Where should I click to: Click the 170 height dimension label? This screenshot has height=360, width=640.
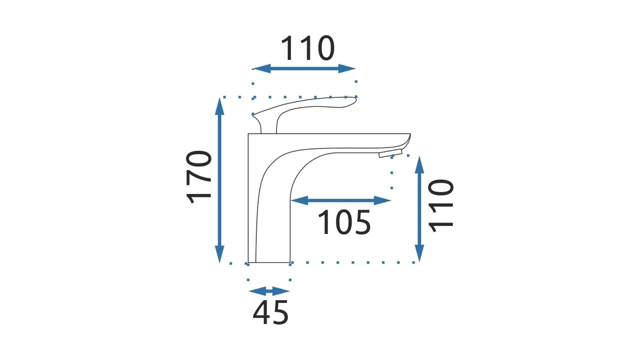(199, 177)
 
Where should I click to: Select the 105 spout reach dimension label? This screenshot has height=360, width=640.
(344, 222)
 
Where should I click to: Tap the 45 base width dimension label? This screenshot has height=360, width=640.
(270, 312)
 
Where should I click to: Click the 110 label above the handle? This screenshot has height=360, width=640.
(308, 48)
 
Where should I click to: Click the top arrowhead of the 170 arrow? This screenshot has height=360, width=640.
(219, 106)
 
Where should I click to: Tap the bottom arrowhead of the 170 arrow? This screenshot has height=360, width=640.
(219, 254)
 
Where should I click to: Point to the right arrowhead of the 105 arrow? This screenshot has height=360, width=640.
(382, 200)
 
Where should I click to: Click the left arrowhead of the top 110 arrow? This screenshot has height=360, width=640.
(261, 68)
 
